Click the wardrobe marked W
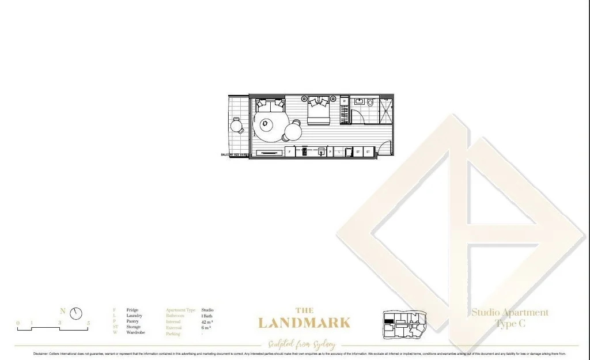[x=345, y=101]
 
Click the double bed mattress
[x=318, y=115]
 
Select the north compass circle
[x=76, y=314]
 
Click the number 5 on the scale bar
[x=88, y=323]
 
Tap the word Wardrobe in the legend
[x=136, y=332]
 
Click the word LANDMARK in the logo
[x=304, y=323]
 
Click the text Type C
[x=510, y=324]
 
